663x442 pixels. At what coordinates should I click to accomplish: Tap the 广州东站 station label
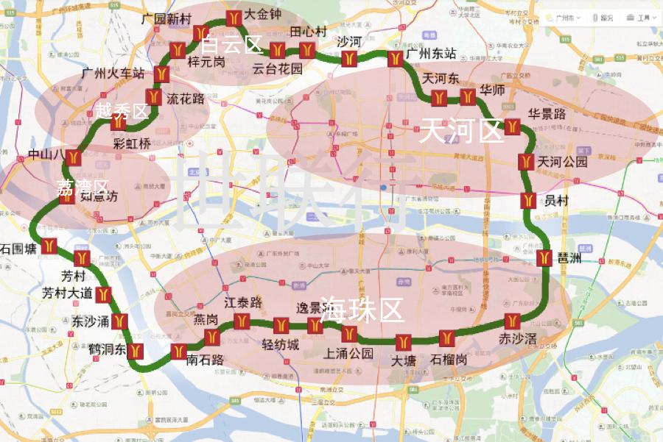pyautogui.click(x=431, y=54)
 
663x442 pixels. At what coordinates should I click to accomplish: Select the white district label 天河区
pyautogui.click(x=460, y=131)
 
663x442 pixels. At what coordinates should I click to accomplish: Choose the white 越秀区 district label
pyautogui.click(x=122, y=111)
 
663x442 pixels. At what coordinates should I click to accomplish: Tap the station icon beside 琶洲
pyautogui.click(x=545, y=259)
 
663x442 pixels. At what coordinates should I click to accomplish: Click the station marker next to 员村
pyautogui.click(x=527, y=199)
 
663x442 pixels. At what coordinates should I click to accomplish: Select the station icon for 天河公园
pyautogui.click(x=526, y=162)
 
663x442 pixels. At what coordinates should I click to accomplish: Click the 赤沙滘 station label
pyautogui.click(x=517, y=339)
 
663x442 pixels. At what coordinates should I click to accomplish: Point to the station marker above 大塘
pyautogui.click(x=404, y=342)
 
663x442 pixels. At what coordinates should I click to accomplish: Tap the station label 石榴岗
pyautogui.click(x=449, y=360)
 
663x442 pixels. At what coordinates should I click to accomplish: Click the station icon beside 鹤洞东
pyautogui.click(x=135, y=351)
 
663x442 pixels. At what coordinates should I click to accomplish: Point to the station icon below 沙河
pyautogui.click(x=349, y=58)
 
